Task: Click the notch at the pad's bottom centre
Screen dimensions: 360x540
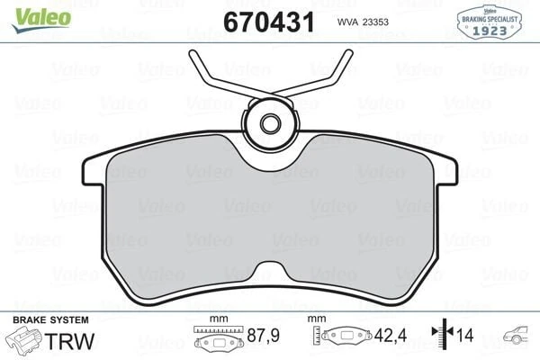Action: pyautogui.click(x=271, y=272)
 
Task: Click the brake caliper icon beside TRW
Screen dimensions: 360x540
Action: pyautogui.click(x=24, y=339)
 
